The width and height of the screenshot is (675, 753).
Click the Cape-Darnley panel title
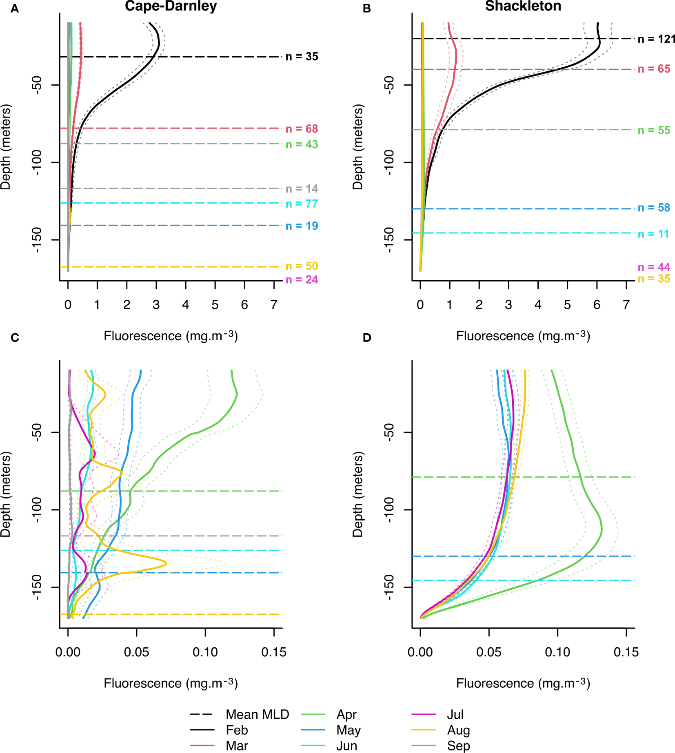coord(171,6)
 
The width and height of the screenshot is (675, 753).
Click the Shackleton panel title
coord(523,6)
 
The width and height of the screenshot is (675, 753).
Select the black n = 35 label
coord(302,57)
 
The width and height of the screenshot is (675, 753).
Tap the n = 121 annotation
coord(656,39)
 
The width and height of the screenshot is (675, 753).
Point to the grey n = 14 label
coord(302,189)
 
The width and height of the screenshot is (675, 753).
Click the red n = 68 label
coord(302,129)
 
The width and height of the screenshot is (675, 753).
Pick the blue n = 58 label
coord(654,208)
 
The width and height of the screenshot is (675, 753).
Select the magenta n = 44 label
coord(654,267)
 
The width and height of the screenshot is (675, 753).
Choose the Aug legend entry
coord(458,730)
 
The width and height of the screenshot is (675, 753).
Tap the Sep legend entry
coord(458,746)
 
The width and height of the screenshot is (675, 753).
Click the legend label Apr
coord(346,715)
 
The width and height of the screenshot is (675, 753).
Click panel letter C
coord(15,338)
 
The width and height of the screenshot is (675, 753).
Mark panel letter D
coord(367,338)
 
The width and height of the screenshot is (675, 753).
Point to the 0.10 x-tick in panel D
coord(557,652)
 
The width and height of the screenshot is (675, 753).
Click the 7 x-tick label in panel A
coord(274,305)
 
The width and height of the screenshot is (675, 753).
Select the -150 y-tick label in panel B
coord(389,240)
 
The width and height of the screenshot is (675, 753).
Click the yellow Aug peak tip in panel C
coord(166,564)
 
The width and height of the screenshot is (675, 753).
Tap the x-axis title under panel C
coord(171,683)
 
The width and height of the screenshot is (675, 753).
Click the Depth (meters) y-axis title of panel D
coord(358,494)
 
